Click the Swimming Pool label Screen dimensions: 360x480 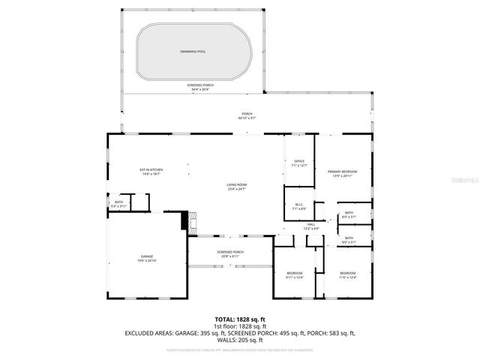click(192, 51)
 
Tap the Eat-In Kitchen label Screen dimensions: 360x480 click(151, 169)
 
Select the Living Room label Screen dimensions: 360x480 click(237, 184)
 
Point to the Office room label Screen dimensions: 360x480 click(298, 161)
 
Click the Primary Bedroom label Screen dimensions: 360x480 click(342, 172)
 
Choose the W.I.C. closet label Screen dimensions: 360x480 click(298, 205)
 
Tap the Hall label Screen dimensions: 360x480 click(310, 224)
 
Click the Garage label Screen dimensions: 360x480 click(146, 256)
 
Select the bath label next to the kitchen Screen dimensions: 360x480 click(118, 202)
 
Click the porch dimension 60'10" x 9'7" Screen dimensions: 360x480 click(247, 118)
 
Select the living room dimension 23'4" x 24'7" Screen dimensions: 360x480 click(237, 189)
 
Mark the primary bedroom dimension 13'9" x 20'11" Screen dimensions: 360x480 click(342, 176)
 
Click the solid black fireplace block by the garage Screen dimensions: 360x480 click(184, 221)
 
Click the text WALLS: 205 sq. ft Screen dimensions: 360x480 click(239, 340)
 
